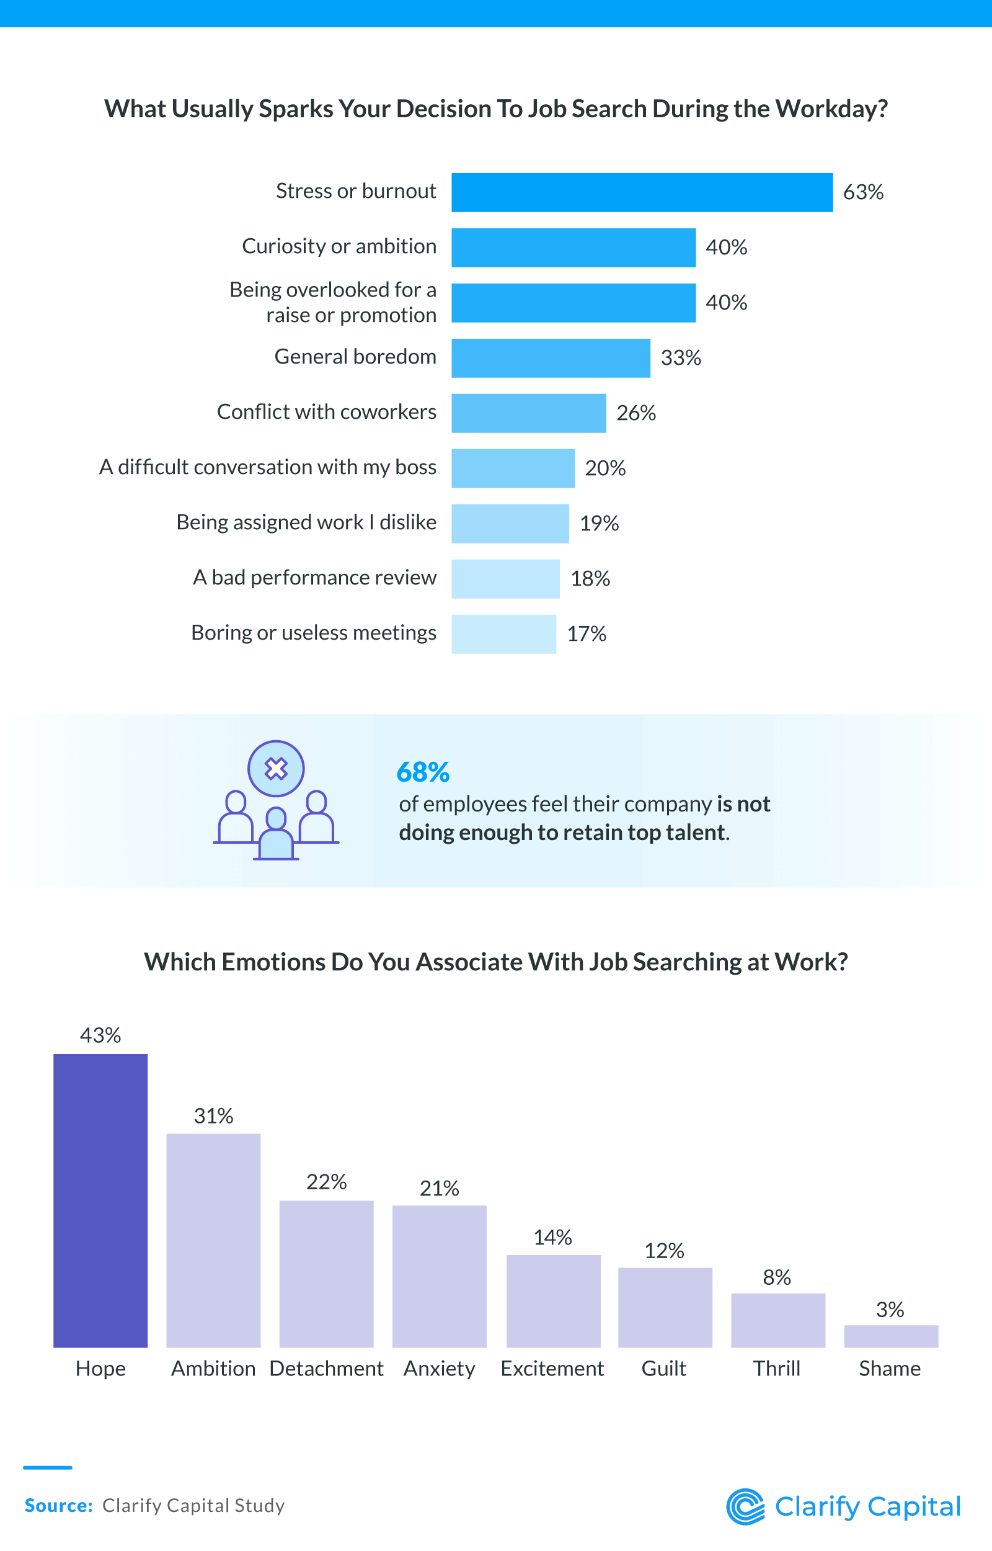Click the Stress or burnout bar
pyautogui.click(x=642, y=192)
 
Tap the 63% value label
pyautogui.click(x=862, y=192)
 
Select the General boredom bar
pyautogui.click(x=551, y=357)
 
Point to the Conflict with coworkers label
pyautogui.click(x=327, y=412)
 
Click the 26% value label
pyautogui.click(x=635, y=413)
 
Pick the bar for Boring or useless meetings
pyautogui.click(x=503, y=634)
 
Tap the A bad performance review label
pyautogui.click(x=314, y=578)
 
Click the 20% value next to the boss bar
pyautogui.click(x=605, y=468)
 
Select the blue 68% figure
pyautogui.click(x=423, y=772)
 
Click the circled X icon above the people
pyautogui.click(x=276, y=768)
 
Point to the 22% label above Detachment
pyautogui.click(x=326, y=1182)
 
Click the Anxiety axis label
pyautogui.click(x=440, y=1368)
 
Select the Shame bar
pyautogui.click(x=891, y=1336)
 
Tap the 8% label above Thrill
pyautogui.click(x=777, y=1277)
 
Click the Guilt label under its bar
pyautogui.click(x=664, y=1368)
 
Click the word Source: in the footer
pyautogui.click(x=59, y=1506)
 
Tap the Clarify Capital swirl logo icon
pyautogui.click(x=745, y=1506)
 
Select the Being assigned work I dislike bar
pyautogui.click(x=510, y=524)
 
